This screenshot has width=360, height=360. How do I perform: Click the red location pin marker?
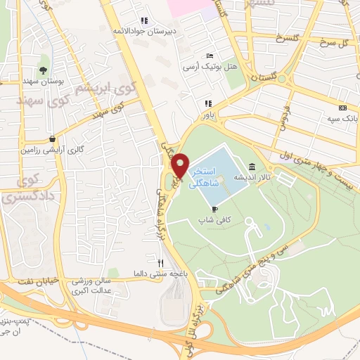click(181, 167)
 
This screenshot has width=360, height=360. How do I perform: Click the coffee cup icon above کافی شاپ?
click(214, 208)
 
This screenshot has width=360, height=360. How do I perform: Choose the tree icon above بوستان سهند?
click(44, 70)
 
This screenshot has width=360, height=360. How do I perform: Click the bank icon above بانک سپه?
click(342, 108)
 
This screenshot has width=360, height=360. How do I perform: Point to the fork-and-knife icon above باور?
click(207, 103)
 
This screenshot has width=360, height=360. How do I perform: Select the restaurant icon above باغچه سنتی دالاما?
click(160, 263)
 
